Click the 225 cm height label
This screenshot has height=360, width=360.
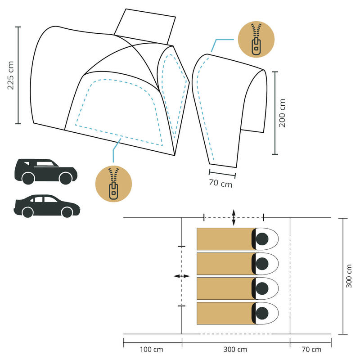tap(10, 75)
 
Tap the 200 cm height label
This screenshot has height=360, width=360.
tap(282, 113)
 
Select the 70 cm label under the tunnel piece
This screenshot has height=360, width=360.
tap(220, 183)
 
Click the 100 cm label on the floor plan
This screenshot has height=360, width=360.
tap(152, 350)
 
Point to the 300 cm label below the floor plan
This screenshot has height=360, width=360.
tap(235, 350)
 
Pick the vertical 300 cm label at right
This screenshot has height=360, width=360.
tap(349, 276)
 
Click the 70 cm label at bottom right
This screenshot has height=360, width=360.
tap(311, 350)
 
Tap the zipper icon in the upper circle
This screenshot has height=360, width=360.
tap(256, 39)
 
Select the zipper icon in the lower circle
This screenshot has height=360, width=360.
tap(114, 184)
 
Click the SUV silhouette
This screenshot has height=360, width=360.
tap(46, 171)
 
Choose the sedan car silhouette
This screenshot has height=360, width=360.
tap(47, 206)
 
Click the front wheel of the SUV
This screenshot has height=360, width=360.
tap(66, 178)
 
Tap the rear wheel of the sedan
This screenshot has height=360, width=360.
tap(28, 212)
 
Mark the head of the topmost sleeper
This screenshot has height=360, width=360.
tap(262, 239)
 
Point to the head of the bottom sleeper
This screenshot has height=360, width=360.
tap(262, 313)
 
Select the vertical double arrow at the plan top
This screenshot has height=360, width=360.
tap(234, 217)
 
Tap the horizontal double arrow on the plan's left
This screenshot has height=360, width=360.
tap(182, 276)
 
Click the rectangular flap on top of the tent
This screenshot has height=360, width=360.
tap(145, 27)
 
